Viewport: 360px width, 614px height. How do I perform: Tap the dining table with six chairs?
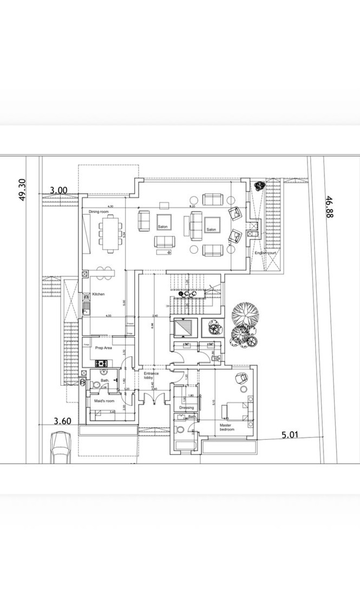[x=111, y=233]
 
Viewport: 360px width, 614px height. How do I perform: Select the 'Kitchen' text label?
[x=98, y=294]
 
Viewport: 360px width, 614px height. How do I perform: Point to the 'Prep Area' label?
[x=103, y=348]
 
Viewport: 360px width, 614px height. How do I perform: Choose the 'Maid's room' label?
[x=104, y=401]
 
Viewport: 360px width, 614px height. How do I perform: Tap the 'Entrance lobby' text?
[x=151, y=376]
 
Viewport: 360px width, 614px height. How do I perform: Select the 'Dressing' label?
[x=186, y=408]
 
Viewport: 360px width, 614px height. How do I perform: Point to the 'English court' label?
[x=266, y=253]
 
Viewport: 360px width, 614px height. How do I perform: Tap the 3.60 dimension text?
[x=63, y=420]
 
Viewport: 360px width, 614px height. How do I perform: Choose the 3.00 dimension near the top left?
[x=58, y=190]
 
